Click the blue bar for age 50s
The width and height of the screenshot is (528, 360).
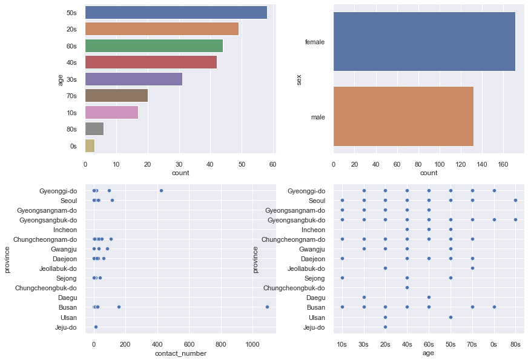tap(176, 12)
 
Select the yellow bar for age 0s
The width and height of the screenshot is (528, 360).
tap(90, 145)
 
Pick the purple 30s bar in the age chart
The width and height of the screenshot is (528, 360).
tap(133, 79)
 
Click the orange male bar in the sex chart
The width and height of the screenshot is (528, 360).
tap(403, 116)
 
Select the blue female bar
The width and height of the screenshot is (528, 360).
tap(424, 42)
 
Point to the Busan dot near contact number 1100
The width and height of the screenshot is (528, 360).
tap(267, 307)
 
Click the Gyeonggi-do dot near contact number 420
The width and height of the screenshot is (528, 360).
tap(161, 190)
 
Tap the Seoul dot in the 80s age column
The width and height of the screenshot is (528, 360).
tap(515, 200)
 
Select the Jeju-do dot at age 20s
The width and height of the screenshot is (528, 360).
tap(385, 327)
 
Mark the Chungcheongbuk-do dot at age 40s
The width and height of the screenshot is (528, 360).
tap(407, 288)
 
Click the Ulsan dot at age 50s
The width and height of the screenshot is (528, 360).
tap(450, 317)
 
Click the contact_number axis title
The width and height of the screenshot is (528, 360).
tap(180, 353)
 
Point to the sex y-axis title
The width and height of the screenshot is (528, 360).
tap(299, 79)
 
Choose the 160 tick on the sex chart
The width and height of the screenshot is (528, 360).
tap(504, 164)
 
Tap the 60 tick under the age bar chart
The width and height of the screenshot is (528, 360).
tap(273, 164)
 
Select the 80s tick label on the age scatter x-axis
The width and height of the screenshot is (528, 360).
tap(515, 344)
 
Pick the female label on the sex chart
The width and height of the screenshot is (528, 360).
tap(315, 42)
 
